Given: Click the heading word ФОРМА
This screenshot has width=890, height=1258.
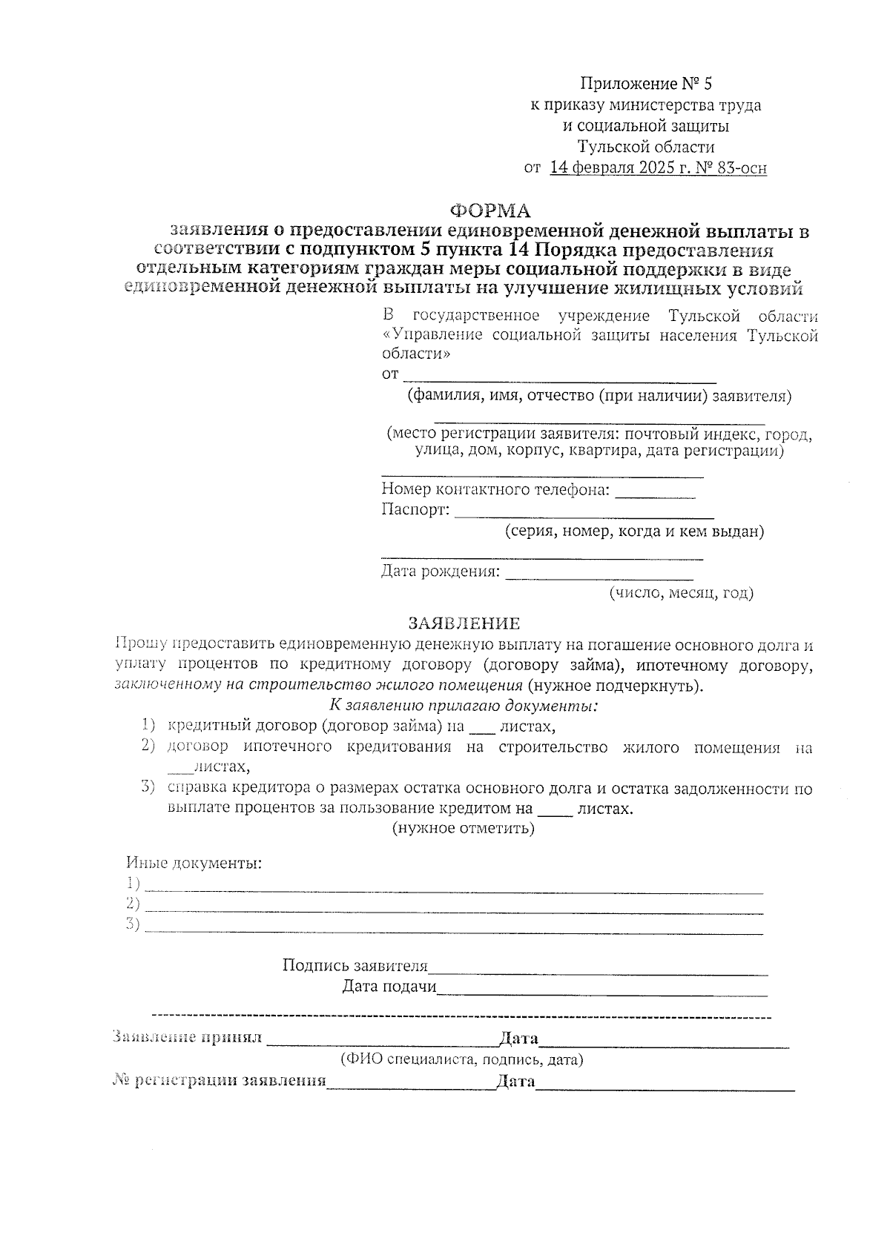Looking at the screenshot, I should [492, 211].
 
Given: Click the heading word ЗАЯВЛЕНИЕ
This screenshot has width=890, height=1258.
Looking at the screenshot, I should [465, 623].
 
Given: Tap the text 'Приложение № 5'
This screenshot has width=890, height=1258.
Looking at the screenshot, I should [645, 83].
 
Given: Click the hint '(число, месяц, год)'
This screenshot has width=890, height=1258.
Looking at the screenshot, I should [680, 593].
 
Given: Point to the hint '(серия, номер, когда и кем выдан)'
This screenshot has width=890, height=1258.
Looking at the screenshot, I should [634, 532].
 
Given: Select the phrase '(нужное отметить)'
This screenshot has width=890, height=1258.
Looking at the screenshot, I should [463, 828].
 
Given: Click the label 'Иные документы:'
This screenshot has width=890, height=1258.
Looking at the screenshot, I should [194, 864].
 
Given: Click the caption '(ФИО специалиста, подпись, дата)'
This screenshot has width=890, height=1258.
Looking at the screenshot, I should [461, 1059].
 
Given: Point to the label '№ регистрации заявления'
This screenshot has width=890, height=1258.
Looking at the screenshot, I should [219, 1081].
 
